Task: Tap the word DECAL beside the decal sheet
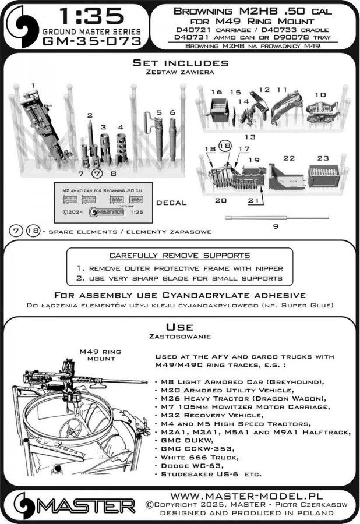pos(171,203)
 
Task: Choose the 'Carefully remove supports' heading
pos(180,256)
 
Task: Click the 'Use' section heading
pos(179,327)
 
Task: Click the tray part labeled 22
pos(286,175)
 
